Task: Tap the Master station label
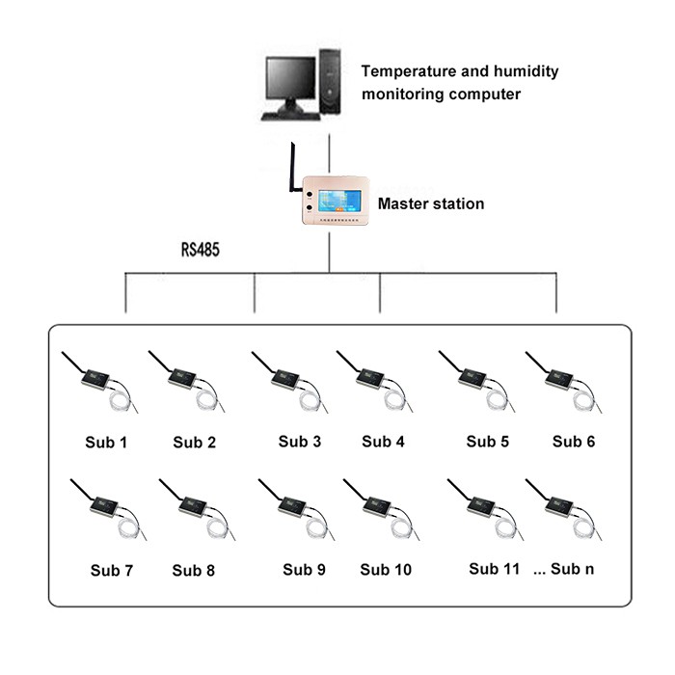(430, 204)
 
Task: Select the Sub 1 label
(105, 444)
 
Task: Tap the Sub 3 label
(300, 442)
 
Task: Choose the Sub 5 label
(487, 442)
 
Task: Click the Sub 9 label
(304, 569)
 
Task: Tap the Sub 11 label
(494, 569)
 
